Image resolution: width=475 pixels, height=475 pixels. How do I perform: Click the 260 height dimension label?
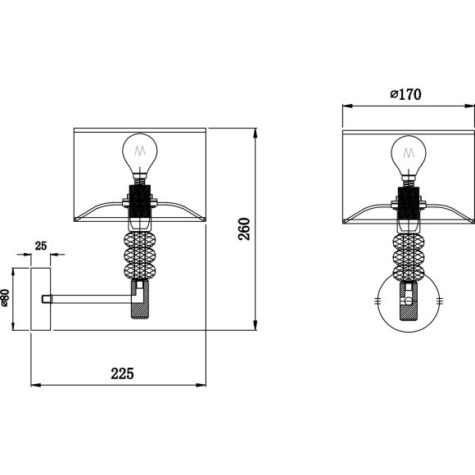[244, 229]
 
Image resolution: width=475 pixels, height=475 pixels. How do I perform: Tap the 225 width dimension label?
[122, 373]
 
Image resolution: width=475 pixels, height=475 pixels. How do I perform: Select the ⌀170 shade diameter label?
[405, 94]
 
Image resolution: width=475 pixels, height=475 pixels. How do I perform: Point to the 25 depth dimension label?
[41, 246]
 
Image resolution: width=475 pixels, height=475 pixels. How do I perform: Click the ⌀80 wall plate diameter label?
[5, 298]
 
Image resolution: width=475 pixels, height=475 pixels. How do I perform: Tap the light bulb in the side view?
[140, 155]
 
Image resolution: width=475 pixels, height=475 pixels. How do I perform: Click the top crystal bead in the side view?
[140, 240]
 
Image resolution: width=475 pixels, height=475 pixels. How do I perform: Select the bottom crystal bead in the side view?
[140, 271]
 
